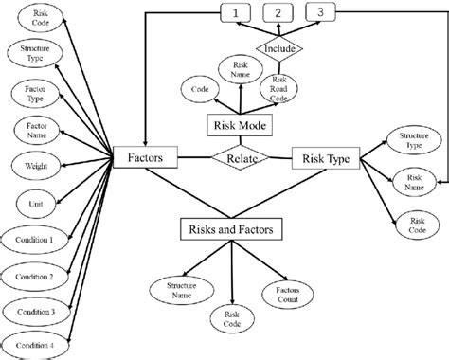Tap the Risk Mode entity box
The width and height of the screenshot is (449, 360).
pos(240,124)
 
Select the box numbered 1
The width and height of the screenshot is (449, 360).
pos(237,13)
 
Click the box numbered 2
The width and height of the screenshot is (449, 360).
pos(278,13)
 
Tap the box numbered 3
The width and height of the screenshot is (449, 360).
pos(320,13)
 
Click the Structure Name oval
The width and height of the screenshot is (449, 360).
pos(179,288)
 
